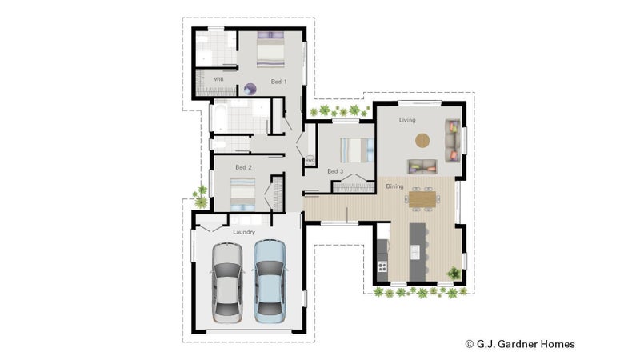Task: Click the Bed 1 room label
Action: [x=278, y=82]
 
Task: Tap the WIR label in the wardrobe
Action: [x=218, y=79]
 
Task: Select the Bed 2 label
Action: [x=243, y=167]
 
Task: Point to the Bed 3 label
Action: [x=335, y=171]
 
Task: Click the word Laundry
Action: [x=244, y=232]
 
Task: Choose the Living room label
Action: [x=407, y=120]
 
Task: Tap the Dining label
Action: [x=394, y=186]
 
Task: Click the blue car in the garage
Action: [x=270, y=281]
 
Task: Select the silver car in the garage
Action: [x=227, y=283]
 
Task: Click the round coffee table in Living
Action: [x=422, y=141]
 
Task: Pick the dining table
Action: [x=422, y=199]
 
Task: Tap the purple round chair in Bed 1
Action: [x=250, y=89]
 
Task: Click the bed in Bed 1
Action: [x=270, y=50]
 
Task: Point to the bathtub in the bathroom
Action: [x=218, y=117]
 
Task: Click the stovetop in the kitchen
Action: [x=382, y=267]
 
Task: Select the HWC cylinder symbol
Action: [x=310, y=160]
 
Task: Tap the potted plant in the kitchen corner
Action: [x=454, y=273]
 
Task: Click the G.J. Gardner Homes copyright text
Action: [x=520, y=344]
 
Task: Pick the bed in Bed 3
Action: [x=357, y=150]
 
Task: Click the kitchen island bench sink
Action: [x=414, y=252]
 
